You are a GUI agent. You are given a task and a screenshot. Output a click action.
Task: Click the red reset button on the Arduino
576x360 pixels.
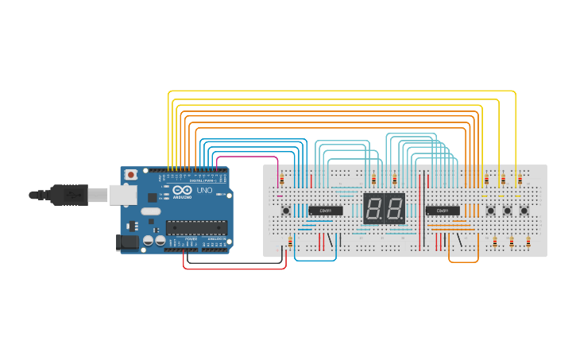pyautogui.click(x=131, y=174)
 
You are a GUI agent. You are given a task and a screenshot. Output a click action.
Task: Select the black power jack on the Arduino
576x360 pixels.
pyautogui.click(x=126, y=242)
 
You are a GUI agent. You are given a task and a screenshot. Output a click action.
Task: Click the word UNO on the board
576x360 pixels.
pyautogui.click(x=204, y=192)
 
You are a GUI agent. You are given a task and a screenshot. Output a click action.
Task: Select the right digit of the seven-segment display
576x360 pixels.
pyautogui.click(x=394, y=209)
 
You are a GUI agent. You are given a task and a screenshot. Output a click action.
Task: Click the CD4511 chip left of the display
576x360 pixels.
pyautogui.click(x=326, y=211)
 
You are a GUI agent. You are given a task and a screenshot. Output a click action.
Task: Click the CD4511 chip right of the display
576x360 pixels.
pyautogui.click(x=443, y=211)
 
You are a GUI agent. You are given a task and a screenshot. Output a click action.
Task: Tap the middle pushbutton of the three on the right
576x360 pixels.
pyautogui.click(x=508, y=211)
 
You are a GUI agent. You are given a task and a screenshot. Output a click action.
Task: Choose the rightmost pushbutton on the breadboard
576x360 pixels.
pyautogui.click(x=524, y=211)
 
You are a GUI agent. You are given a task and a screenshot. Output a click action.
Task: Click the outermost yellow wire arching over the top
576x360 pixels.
pyautogui.click(x=342, y=91)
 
